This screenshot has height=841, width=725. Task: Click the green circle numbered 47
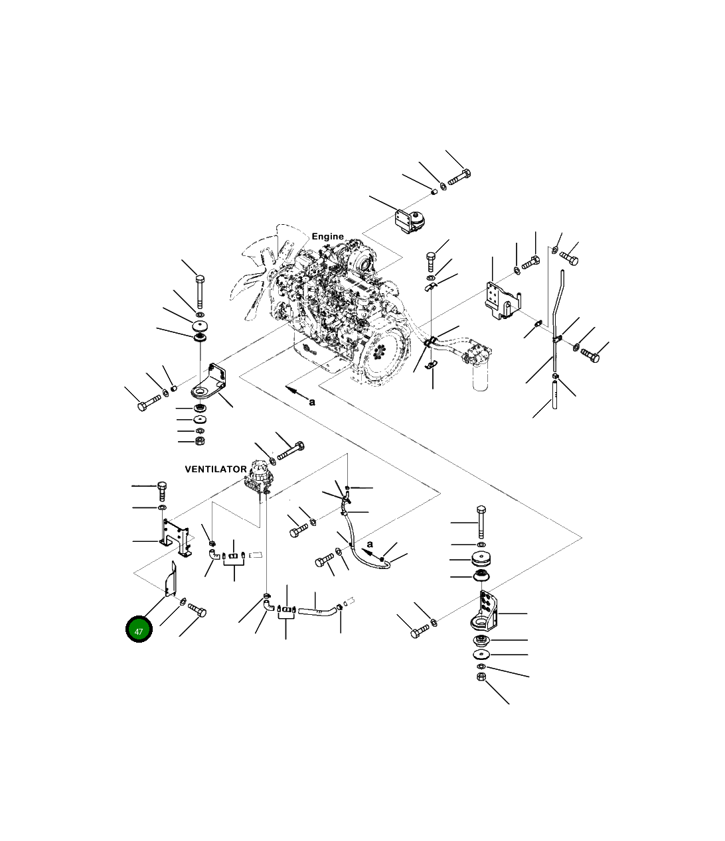139,629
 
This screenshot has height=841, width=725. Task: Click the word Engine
327,236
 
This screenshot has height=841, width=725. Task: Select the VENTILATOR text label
216,469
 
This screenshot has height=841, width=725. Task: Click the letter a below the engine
312,403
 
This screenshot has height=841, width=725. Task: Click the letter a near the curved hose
370,545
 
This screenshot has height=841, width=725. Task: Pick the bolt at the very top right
459,177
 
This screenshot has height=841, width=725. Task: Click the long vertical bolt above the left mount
200,291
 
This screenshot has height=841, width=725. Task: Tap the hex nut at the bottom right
481,677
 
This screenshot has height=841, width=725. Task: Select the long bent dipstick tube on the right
557,322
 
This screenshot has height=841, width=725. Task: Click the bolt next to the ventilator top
291,451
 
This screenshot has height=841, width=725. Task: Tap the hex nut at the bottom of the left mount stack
200,441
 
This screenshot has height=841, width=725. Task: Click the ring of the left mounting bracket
200,392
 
